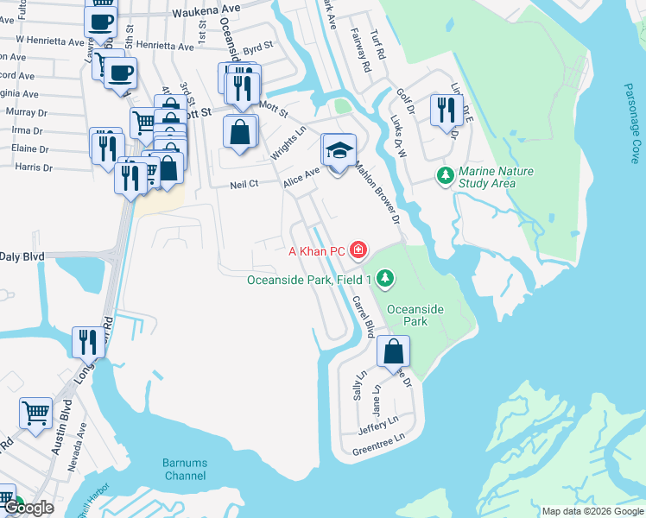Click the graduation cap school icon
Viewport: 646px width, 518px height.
click(x=339, y=150)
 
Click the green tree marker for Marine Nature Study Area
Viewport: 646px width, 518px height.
click(x=446, y=176)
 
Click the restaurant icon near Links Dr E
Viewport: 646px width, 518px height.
click(x=446, y=111)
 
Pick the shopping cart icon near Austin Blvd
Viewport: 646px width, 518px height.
click(x=35, y=413)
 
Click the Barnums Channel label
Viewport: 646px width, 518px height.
click(x=184, y=470)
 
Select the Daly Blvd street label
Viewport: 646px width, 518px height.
click(x=22, y=256)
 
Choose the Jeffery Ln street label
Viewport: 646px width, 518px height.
click(x=377, y=420)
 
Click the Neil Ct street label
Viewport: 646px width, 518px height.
click(x=244, y=184)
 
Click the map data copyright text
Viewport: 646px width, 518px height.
click(x=592, y=511)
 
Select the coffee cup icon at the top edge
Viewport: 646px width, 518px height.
click(x=101, y=21)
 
